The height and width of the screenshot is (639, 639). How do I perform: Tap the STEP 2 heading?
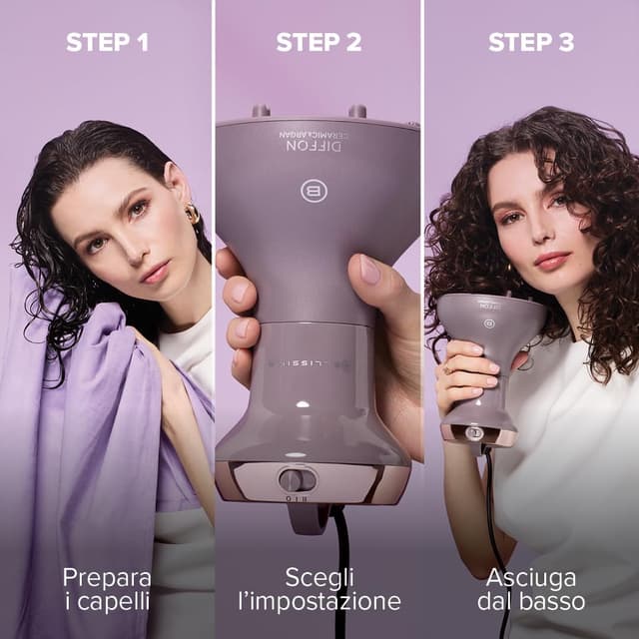(319, 42)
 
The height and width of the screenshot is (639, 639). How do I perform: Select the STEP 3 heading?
(531, 42)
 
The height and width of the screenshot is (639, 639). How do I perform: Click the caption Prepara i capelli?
(106, 589)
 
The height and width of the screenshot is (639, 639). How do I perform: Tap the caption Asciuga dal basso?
(535, 589)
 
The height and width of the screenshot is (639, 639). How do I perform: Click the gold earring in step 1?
(191, 213)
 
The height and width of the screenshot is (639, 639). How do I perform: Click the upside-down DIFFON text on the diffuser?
(314, 146)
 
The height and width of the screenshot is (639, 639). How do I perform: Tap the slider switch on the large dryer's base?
(297, 479)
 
